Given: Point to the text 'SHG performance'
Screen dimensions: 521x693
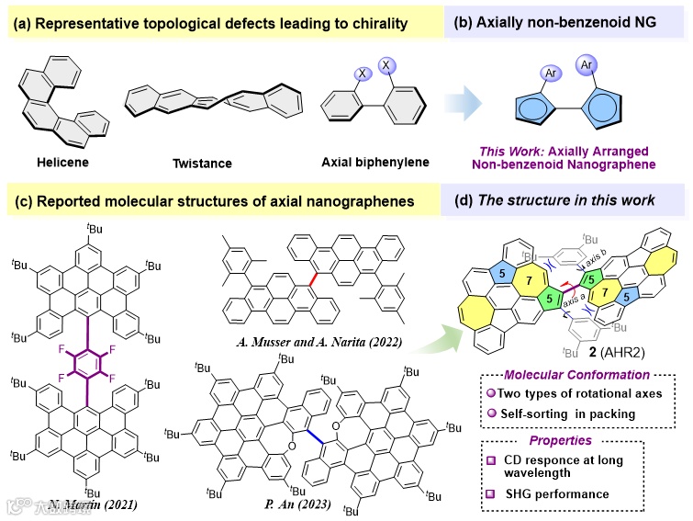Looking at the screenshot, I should [x=576, y=494].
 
